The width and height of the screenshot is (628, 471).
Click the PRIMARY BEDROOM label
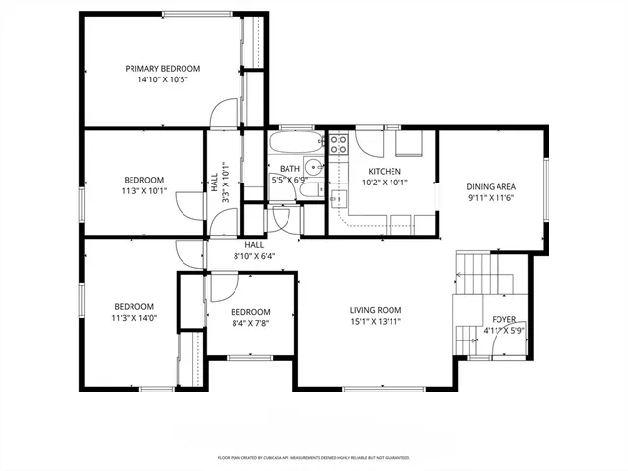click(162, 68)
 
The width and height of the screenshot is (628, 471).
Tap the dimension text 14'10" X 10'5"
click(162, 79)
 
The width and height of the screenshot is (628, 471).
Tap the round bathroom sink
click(313, 166)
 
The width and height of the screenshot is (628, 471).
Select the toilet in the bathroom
click(312, 193)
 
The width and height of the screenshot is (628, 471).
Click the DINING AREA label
click(492, 186)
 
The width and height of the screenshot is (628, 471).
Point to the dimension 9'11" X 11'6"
click(492, 198)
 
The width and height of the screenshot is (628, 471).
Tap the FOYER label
click(503, 319)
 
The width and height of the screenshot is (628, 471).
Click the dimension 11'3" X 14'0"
click(133, 317)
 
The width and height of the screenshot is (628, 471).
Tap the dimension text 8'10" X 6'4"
click(254, 256)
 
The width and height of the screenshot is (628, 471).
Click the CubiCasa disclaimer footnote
click(313, 458)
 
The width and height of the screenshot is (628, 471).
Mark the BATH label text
click(288, 169)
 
